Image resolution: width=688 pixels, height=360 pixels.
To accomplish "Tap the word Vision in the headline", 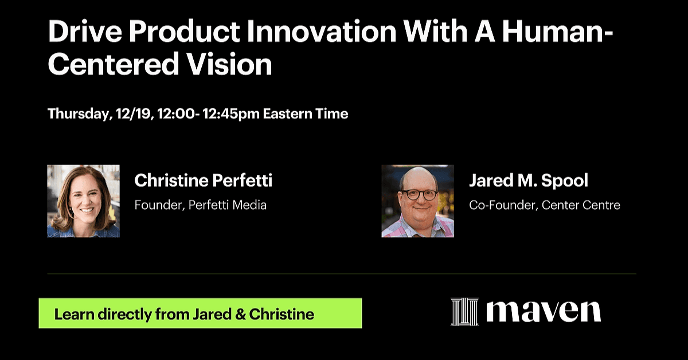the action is click(x=229, y=64).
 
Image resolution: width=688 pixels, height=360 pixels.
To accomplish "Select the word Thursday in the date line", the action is click(x=79, y=114).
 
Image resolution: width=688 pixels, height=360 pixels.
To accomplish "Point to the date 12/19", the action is click(x=134, y=114).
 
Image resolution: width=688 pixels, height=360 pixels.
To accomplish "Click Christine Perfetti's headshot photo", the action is click(x=84, y=201).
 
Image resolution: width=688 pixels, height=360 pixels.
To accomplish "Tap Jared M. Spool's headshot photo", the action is click(x=418, y=201).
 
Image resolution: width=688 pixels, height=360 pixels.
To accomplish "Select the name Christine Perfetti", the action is click(x=204, y=181).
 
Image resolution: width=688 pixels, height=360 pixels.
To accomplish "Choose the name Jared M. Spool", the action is click(x=529, y=181).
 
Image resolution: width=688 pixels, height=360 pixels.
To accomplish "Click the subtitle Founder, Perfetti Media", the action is click(x=201, y=205).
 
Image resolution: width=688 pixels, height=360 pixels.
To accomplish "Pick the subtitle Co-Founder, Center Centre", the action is click(x=545, y=205).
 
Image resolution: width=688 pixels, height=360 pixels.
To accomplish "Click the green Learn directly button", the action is click(x=200, y=314).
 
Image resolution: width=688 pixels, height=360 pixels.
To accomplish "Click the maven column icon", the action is click(x=464, y=312).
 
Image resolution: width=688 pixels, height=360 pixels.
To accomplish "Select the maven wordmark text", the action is click(x=544, y=312).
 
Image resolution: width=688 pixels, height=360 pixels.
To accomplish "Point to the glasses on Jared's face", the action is click(x=419, y=194).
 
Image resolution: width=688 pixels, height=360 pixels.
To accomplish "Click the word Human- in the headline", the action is click(x=557, y=32).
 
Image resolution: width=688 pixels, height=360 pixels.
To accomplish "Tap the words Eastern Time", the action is click(x=306, y=114).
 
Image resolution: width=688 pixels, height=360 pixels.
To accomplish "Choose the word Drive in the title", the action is click(x=85, y=32).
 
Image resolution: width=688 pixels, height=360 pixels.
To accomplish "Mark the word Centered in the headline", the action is click(x=114, y=64).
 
